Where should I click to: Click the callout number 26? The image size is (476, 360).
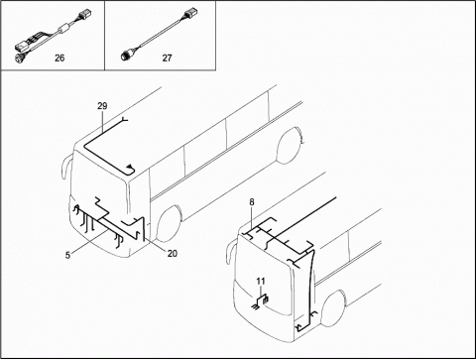(x=59, y=58)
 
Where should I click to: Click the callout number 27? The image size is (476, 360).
(x=167, y=58)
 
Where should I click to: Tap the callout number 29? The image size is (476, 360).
(x=102, y=106)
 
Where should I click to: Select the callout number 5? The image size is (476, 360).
(x=67, y=255)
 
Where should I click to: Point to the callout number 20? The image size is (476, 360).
(x=173, y=253)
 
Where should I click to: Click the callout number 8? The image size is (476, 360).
(x=252, y=201)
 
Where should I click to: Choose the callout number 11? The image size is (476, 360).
(x=261, y=281)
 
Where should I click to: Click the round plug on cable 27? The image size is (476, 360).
(x=126, y=57)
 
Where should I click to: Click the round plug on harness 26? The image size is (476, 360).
(x=17, y=58)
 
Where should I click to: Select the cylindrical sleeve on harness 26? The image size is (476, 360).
(x=63, y=29)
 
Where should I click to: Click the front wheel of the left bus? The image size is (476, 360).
(x=169, y=223)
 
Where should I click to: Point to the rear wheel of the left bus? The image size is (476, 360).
(x=289, y=145)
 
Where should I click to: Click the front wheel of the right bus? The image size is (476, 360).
(x=333, y=308)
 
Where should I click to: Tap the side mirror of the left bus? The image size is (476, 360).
(x=65, y=167)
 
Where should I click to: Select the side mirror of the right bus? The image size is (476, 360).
(x=231, y=252)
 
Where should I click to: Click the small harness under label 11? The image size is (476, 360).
(x=261, y=300)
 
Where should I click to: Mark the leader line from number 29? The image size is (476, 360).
(x=102, y=122)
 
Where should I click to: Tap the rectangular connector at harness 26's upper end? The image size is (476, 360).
(x=85, y=15)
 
